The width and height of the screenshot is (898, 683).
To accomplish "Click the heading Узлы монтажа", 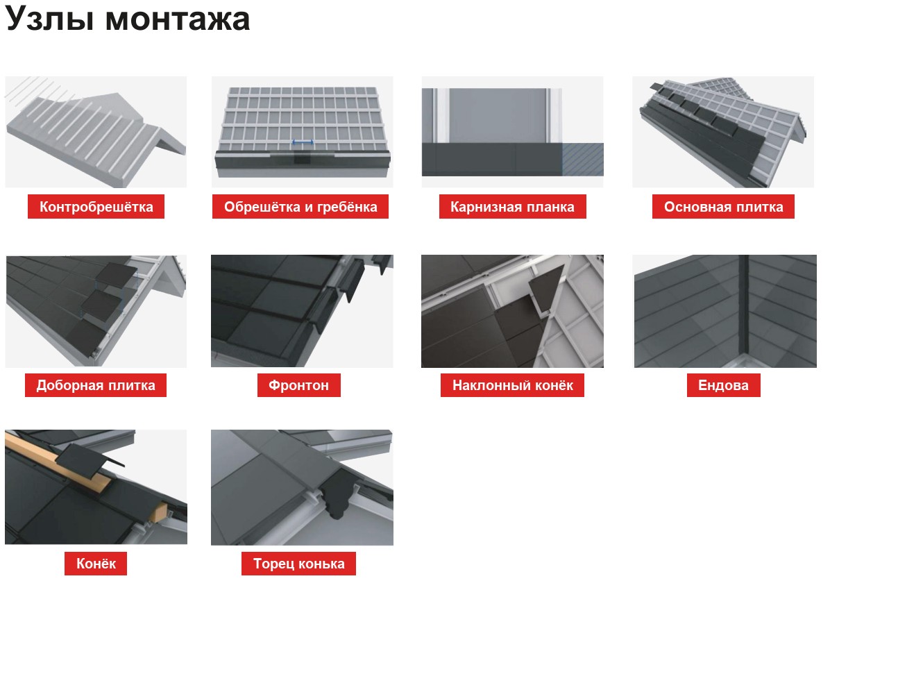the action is tap(127, 19).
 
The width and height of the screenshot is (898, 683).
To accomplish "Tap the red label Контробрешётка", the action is tap(96, 207).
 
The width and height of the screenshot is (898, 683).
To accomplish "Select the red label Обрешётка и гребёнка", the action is tap(300, 207).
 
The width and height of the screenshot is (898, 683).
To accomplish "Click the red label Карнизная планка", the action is tap(513, 207).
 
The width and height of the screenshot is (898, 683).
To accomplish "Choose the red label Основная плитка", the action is tap(723, 207).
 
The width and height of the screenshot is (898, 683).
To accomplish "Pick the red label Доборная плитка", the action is tap(96, 385).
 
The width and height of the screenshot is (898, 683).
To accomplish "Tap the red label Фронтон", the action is tap(299, 385).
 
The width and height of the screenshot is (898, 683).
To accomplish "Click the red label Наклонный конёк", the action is tap(513, 385).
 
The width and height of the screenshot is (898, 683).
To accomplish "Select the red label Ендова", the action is tap(724, 385).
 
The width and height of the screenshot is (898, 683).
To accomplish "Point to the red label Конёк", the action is tap(96, 564).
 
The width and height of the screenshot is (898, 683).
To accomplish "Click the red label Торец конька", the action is tap(298, 564).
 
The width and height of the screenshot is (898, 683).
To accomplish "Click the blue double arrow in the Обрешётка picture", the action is tap(303, 142).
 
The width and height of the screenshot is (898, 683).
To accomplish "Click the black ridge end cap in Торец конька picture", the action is tap(337, 495).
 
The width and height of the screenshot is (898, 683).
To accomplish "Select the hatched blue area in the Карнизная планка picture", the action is tap(582, 159).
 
